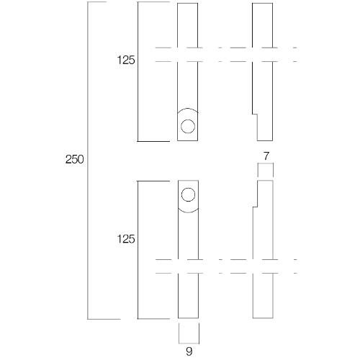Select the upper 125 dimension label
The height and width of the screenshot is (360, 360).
coord(126,61)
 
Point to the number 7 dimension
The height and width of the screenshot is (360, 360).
coord(266,156)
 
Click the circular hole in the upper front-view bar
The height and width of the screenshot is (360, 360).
coord(188,127)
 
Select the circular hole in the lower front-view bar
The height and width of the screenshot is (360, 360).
coord(188,194)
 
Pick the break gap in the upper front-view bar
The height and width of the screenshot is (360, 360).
coord(188,55)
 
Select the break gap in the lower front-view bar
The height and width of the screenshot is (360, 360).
coord(188,266)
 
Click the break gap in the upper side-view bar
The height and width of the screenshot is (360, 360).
coord(263,55)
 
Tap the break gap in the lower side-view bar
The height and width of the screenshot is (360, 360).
coord(263,266)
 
